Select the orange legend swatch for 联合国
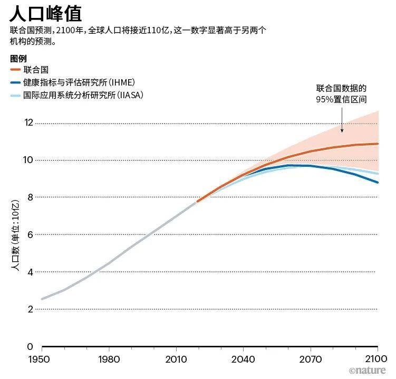pyautogui.click(x=15, y=70)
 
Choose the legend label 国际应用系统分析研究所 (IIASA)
pyautogui.click(x=83, y=95)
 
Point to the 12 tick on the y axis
pyautogui.click(x=28, y=122)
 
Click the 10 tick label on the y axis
pyautogui.click(x=28, y=160)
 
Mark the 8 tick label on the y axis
pyautogui.click(x=30, y=197)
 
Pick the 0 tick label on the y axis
pyautogui.click(x=30, y=347)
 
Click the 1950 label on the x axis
pyautogui.click(x=42, y=360)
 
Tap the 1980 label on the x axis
pyautogui.click(x=109, y=360)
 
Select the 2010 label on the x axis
pyautogui.click(x=176, y=360)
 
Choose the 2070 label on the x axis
pyautogui.click(x=311, y=360)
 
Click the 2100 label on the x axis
pyautogui.click(x=376, y=360)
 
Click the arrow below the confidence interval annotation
pyautogui.click(x=342, y=121)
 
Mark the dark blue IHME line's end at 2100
pyautogui.click(x=378, y=183)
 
